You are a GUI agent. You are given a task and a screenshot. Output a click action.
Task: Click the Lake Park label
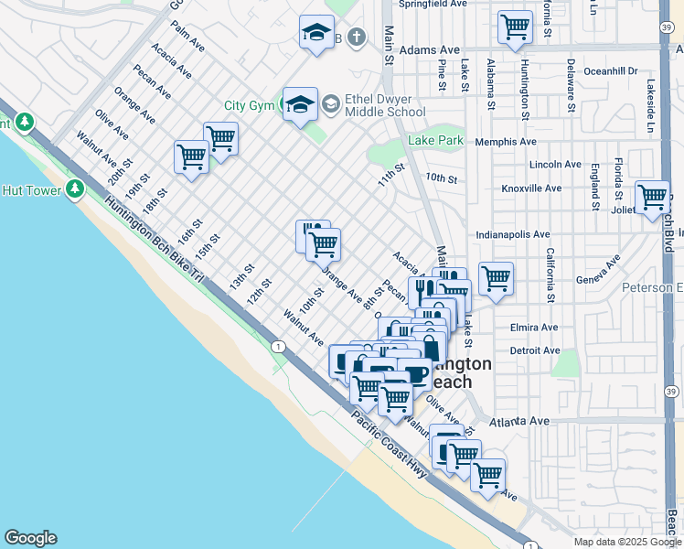click(436, 141)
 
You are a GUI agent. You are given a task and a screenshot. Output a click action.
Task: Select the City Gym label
click(250, 106)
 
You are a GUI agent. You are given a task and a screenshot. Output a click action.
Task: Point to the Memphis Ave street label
click(505, 142)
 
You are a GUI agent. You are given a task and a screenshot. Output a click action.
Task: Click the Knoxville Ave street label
click(531, 188)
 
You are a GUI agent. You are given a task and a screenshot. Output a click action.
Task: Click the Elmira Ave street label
click(534, 327)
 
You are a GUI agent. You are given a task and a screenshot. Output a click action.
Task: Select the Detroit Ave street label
click(535, 350)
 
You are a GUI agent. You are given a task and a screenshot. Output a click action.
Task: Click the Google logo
click(30, 538)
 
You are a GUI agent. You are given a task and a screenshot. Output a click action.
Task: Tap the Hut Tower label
click(31, 190)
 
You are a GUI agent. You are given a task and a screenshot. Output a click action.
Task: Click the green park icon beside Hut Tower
click(74, 190)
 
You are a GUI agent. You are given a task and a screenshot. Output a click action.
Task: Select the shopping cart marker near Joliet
click(652, 196)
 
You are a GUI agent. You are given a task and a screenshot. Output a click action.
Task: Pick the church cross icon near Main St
click(357, 38)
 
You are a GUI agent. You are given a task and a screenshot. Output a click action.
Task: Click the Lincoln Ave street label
click(555, 165)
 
